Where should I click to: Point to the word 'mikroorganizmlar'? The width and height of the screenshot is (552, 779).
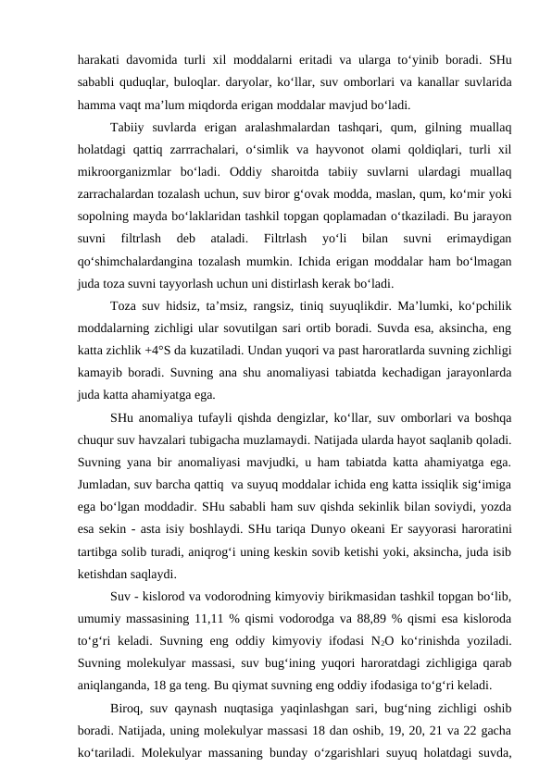click(x=119, y=170)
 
